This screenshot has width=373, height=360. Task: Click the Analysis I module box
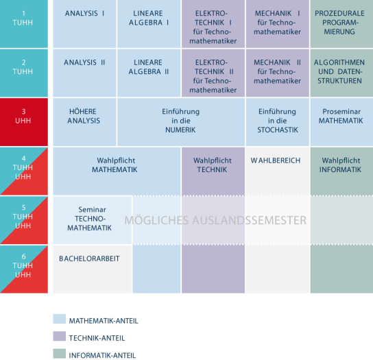85,24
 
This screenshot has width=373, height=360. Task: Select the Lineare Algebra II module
149,73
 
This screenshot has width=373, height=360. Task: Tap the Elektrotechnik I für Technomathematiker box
213,24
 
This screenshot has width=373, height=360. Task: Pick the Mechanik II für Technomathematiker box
278,73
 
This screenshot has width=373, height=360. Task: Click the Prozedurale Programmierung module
341,24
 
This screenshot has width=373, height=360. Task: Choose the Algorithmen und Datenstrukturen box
341,73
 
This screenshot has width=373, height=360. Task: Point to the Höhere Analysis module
85,122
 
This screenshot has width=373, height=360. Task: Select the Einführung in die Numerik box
181,122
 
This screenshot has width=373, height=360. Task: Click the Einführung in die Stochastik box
278,122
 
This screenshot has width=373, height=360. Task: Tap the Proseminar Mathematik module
341,122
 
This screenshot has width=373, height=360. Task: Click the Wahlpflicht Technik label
212,165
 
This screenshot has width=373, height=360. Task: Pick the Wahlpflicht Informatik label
340,165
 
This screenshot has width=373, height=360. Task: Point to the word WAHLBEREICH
276,160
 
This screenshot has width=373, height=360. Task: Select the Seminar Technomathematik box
93,220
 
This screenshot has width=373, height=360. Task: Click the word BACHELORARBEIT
89,259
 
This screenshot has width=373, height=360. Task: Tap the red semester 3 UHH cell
24,122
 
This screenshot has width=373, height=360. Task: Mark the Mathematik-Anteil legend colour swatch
59,319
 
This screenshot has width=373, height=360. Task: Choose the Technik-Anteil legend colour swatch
59,336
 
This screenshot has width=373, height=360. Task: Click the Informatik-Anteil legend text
102,355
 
